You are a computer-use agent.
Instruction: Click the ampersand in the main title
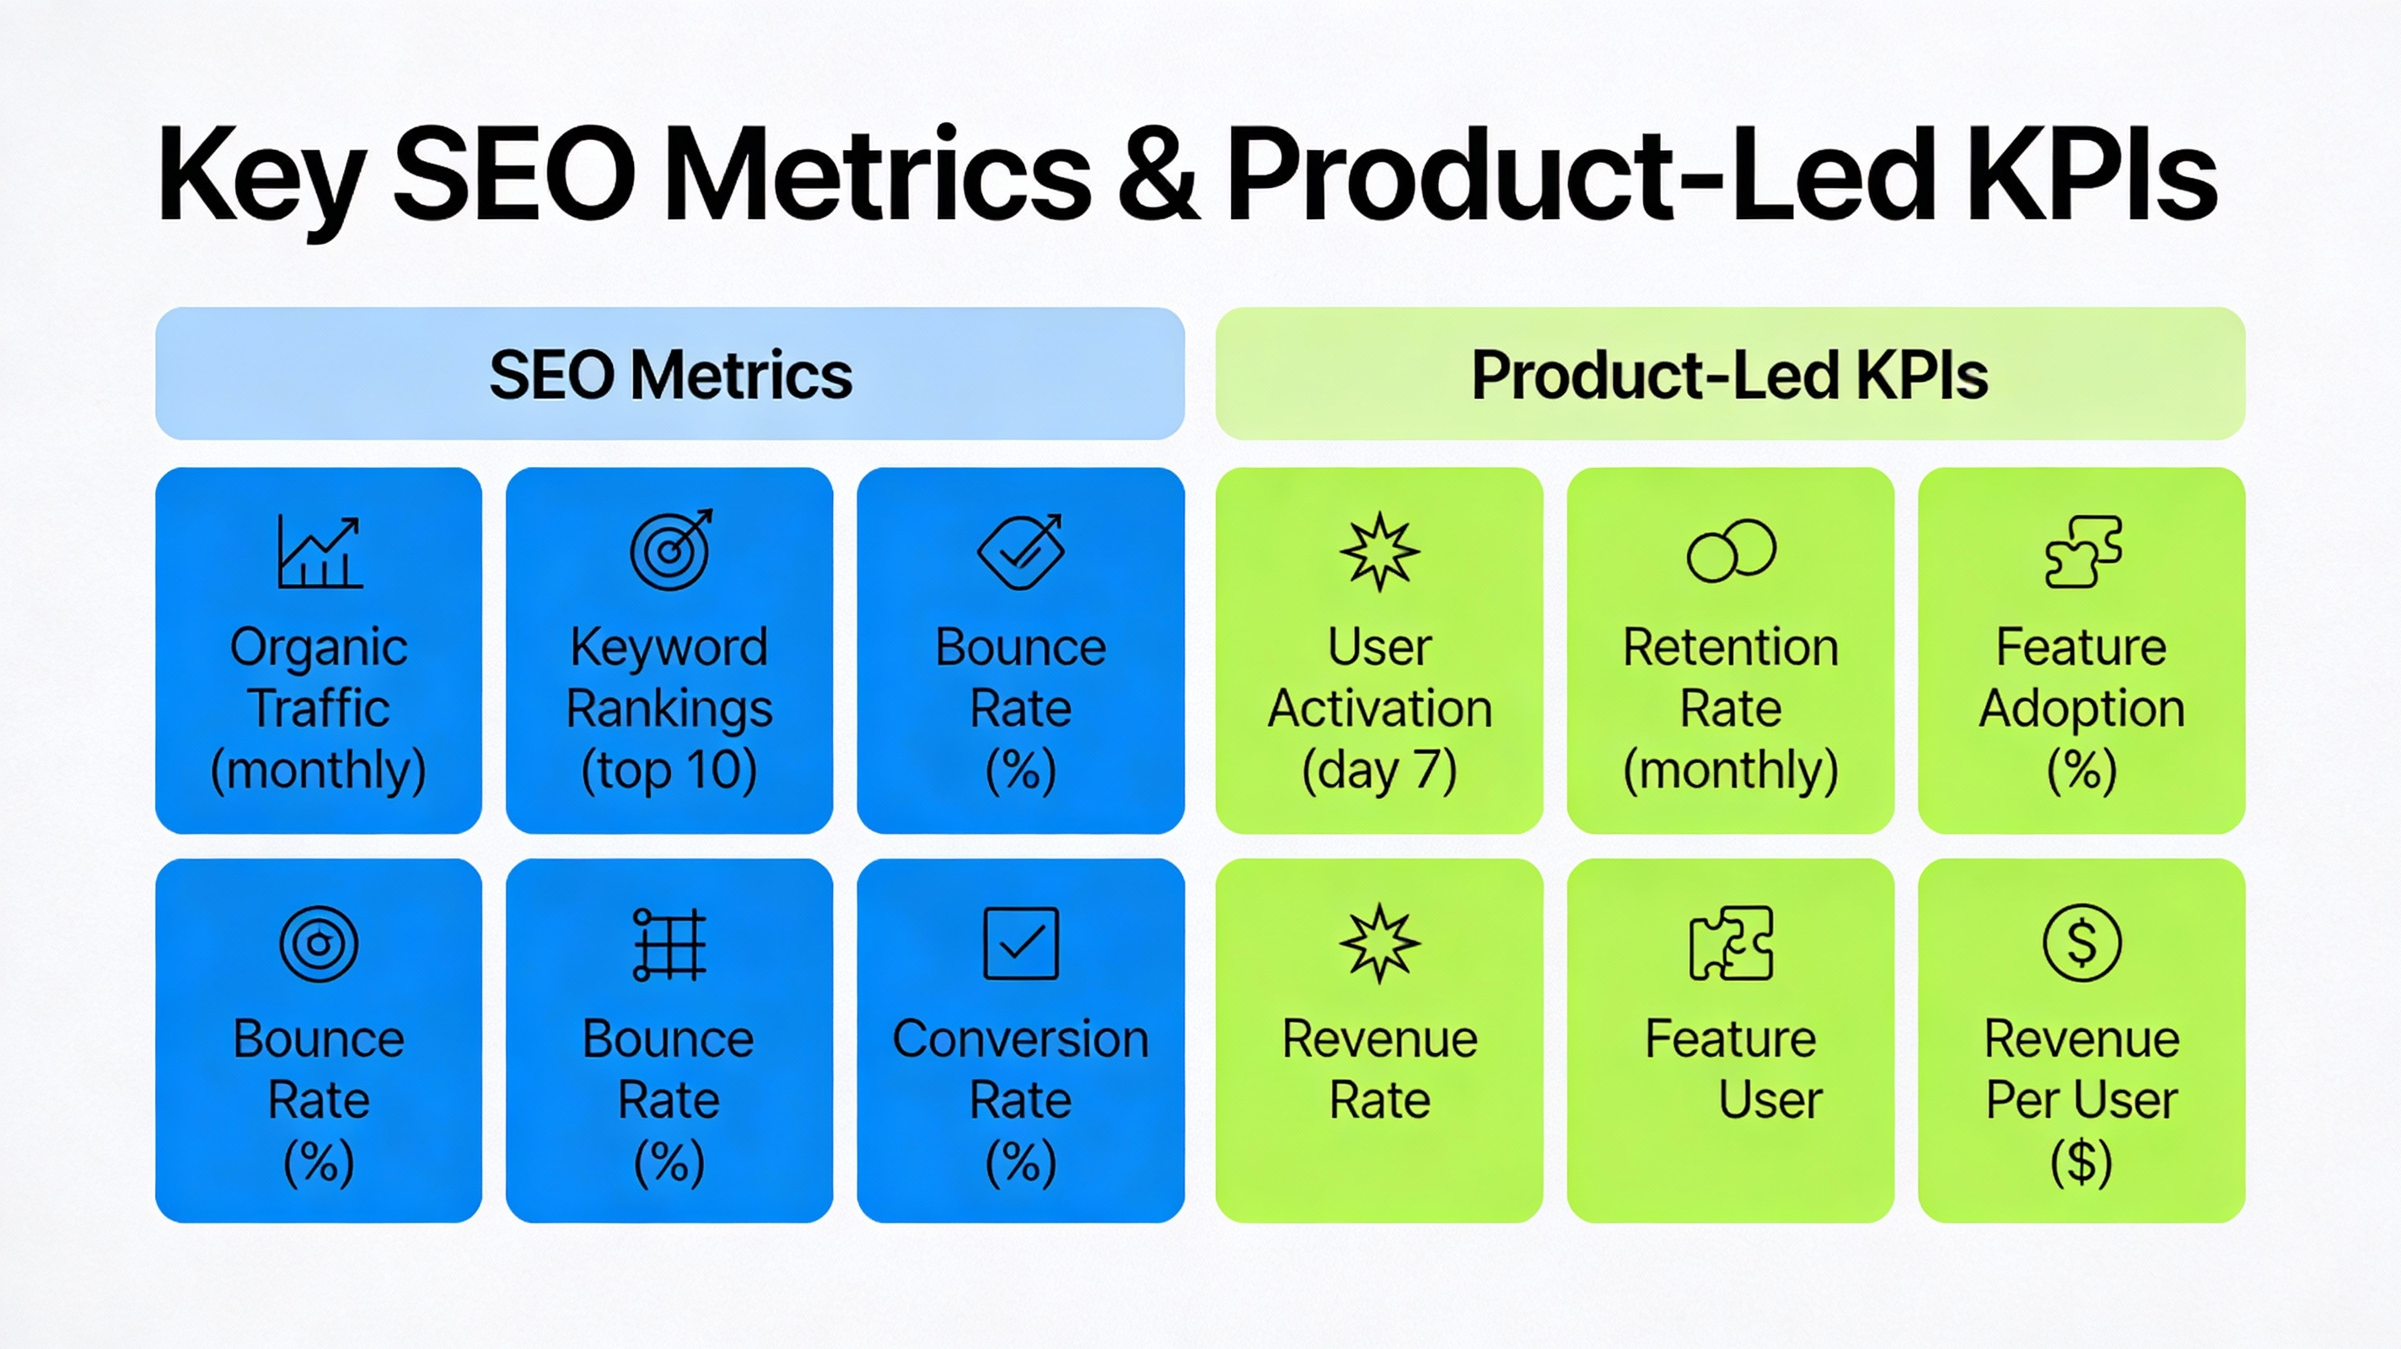pos(1158,175)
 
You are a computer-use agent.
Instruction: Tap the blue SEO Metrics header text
pos(670,375)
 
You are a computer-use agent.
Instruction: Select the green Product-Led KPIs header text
pos(1730,375)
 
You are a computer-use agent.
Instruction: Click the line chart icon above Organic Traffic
pos(320,552)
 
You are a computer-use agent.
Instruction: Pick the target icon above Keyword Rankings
pos(670,550)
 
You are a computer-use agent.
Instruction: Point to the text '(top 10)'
pos(669,770)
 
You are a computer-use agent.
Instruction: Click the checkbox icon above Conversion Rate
pos(1021,943)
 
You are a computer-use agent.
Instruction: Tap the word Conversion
pos(1021,1039)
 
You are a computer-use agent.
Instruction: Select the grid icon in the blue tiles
pos(669,944)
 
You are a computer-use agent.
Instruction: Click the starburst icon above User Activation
pos(1379,552)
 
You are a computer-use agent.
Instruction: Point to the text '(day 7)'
pos(1379,770)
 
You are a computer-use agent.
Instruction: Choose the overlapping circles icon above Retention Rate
pos(1731,551)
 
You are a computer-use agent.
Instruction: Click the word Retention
pos(1731,647)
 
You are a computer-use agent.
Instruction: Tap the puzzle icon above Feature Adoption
pos(2082,552)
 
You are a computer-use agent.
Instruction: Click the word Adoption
pos(2082,708)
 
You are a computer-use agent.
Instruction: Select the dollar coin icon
pos(2082,943)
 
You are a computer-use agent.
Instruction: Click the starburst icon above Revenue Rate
pos(1379,943)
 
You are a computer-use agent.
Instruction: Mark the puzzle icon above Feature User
pos(1731,943)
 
